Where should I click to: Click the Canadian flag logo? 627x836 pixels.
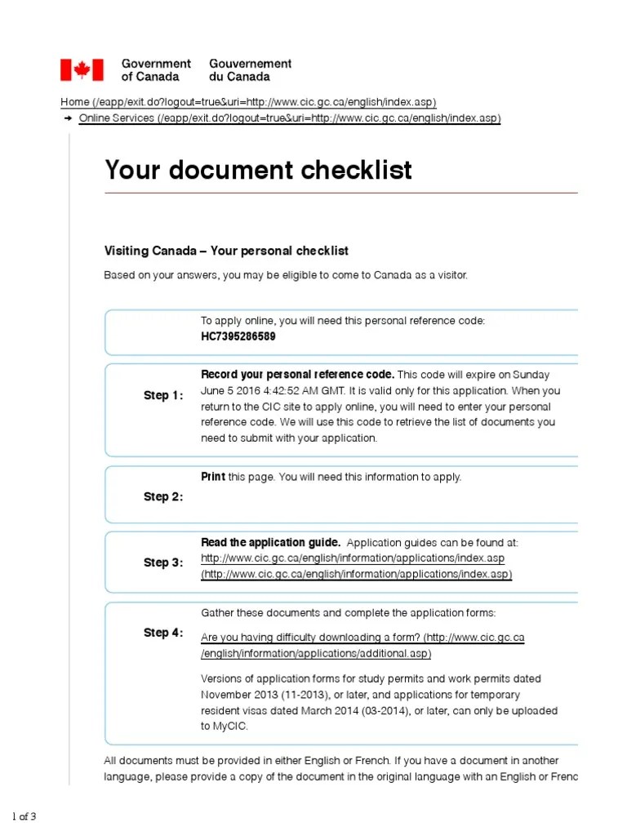82,69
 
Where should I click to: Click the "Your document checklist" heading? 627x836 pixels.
258,170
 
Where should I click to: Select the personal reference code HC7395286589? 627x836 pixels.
238,336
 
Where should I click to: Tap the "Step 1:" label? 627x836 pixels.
163,396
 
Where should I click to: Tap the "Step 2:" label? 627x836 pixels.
163,496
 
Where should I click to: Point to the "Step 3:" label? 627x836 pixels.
163,563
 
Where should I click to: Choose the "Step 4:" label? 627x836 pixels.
163,633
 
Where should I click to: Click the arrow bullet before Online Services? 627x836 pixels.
67,118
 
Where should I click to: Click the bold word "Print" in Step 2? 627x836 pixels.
213,477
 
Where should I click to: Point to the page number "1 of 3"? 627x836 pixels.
24,816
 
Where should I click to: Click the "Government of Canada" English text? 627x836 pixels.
155,69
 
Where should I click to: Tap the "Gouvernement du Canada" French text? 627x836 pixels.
250,69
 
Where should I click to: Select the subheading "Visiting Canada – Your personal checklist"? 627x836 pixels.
226,251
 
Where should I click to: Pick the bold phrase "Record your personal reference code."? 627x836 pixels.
297,374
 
